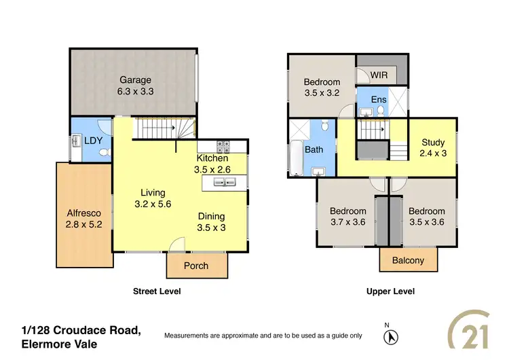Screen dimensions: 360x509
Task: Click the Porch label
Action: pos(196,266)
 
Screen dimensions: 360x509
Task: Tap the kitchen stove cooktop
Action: pos(225,145)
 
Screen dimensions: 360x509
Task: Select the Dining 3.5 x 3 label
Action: pos(211,223)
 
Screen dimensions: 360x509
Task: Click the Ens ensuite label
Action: pos(379,100)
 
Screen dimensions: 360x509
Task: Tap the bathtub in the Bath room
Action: pos(297,158)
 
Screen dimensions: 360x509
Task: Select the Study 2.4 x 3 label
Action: pos(433,148)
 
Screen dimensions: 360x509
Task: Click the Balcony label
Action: pos(408,260)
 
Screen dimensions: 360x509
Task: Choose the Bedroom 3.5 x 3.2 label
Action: pos(322,88)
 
